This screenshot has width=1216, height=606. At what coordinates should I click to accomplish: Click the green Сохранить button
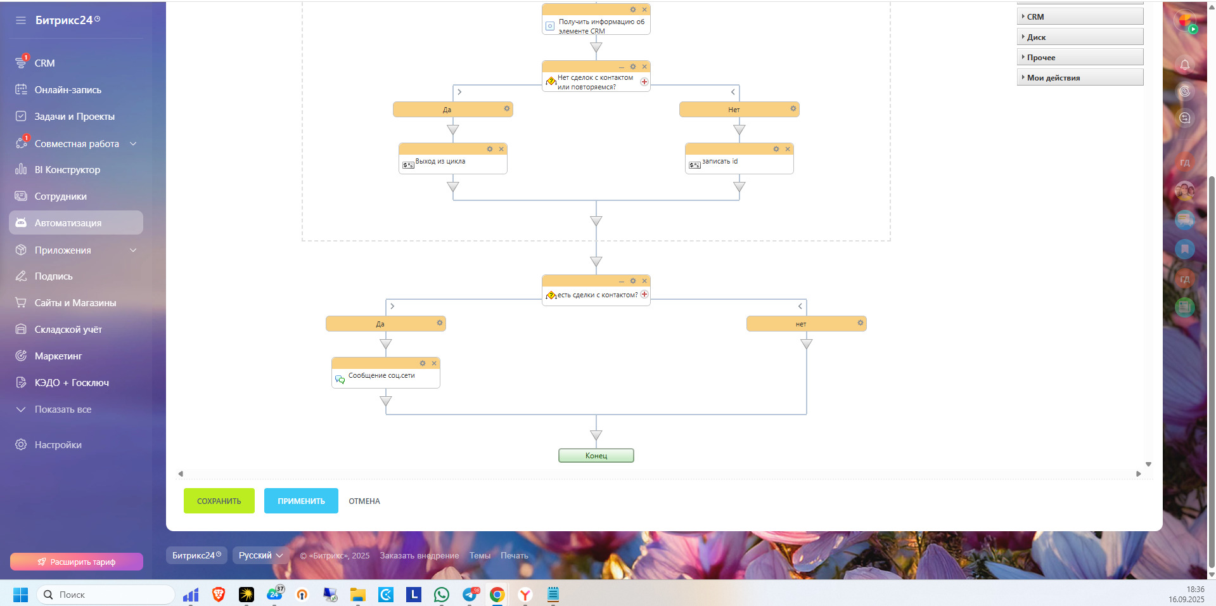click(x=219, y=501)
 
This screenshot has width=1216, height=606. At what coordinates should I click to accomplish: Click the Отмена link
click(x=364, y=501)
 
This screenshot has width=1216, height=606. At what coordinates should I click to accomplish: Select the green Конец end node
click(x=596, y=456)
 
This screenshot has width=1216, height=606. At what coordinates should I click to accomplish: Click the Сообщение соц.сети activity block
click(x=385, y=377)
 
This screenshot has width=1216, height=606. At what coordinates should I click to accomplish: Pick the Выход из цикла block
click(x=452, y=162)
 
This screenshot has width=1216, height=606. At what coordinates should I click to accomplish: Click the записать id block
click(x=739, y=162)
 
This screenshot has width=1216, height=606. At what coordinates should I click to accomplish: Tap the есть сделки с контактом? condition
click(x=596, y=295)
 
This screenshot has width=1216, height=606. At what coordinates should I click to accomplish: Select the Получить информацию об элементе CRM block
click(x=596, y=25)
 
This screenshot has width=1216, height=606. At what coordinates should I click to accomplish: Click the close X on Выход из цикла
click(x=501, y=149)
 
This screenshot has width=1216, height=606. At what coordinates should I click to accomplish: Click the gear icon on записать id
click(x=776, y=149)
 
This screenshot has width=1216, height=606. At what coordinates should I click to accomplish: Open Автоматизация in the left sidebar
click(x=68, y=223)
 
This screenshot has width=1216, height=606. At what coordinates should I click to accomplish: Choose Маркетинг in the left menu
click(x=58, y=356)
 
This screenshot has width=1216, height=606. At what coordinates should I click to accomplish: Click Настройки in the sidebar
click(x=58, y=445)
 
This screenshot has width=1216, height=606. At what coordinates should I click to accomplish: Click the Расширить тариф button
click(x=77, y=562)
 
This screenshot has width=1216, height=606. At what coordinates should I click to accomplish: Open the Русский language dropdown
click(x=260, y=555)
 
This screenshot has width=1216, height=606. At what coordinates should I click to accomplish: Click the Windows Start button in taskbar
click(x=20, y=595)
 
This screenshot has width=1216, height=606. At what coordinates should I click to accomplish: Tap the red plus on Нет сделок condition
click(x=644, y=82)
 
